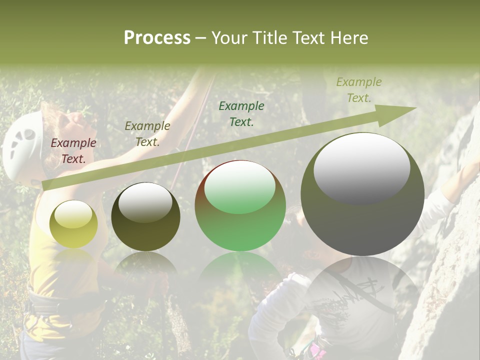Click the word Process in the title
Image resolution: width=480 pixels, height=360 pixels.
pos(157,38)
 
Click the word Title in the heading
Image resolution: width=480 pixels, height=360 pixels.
pos(268,38)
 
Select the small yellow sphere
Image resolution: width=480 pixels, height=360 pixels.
pos(74,224)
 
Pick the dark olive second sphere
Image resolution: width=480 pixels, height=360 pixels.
pos(145,217)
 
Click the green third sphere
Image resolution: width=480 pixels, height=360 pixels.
pos(240,206)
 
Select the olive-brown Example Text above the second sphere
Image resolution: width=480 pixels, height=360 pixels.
pos(147,134)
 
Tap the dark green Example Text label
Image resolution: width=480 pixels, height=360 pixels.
pos(241,113)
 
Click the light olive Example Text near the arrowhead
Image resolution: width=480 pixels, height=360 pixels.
pos(359,90)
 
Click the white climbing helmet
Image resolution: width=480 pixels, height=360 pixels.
pos(22,145)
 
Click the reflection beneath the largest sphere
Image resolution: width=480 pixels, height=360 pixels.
pos(362,290)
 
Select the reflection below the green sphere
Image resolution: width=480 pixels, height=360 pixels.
pos(240,270)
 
